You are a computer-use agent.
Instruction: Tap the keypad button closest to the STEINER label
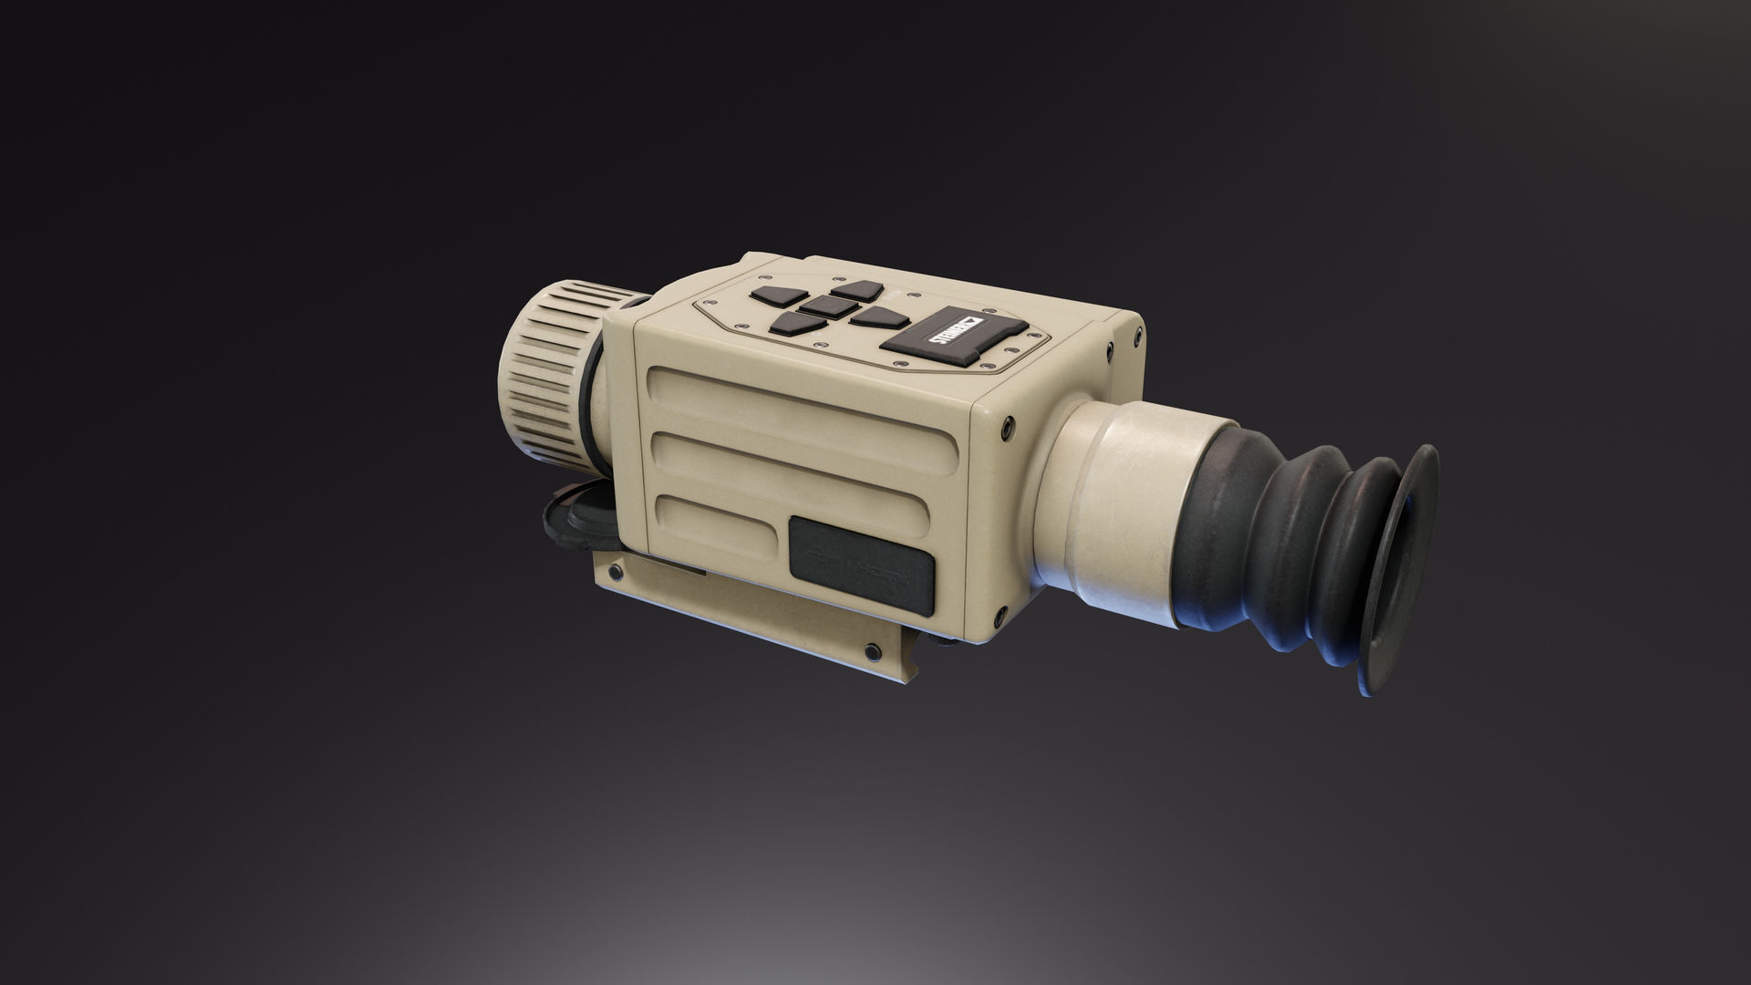[x=876, y=317]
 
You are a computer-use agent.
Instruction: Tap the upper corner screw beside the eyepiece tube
[x=1006, y=425]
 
